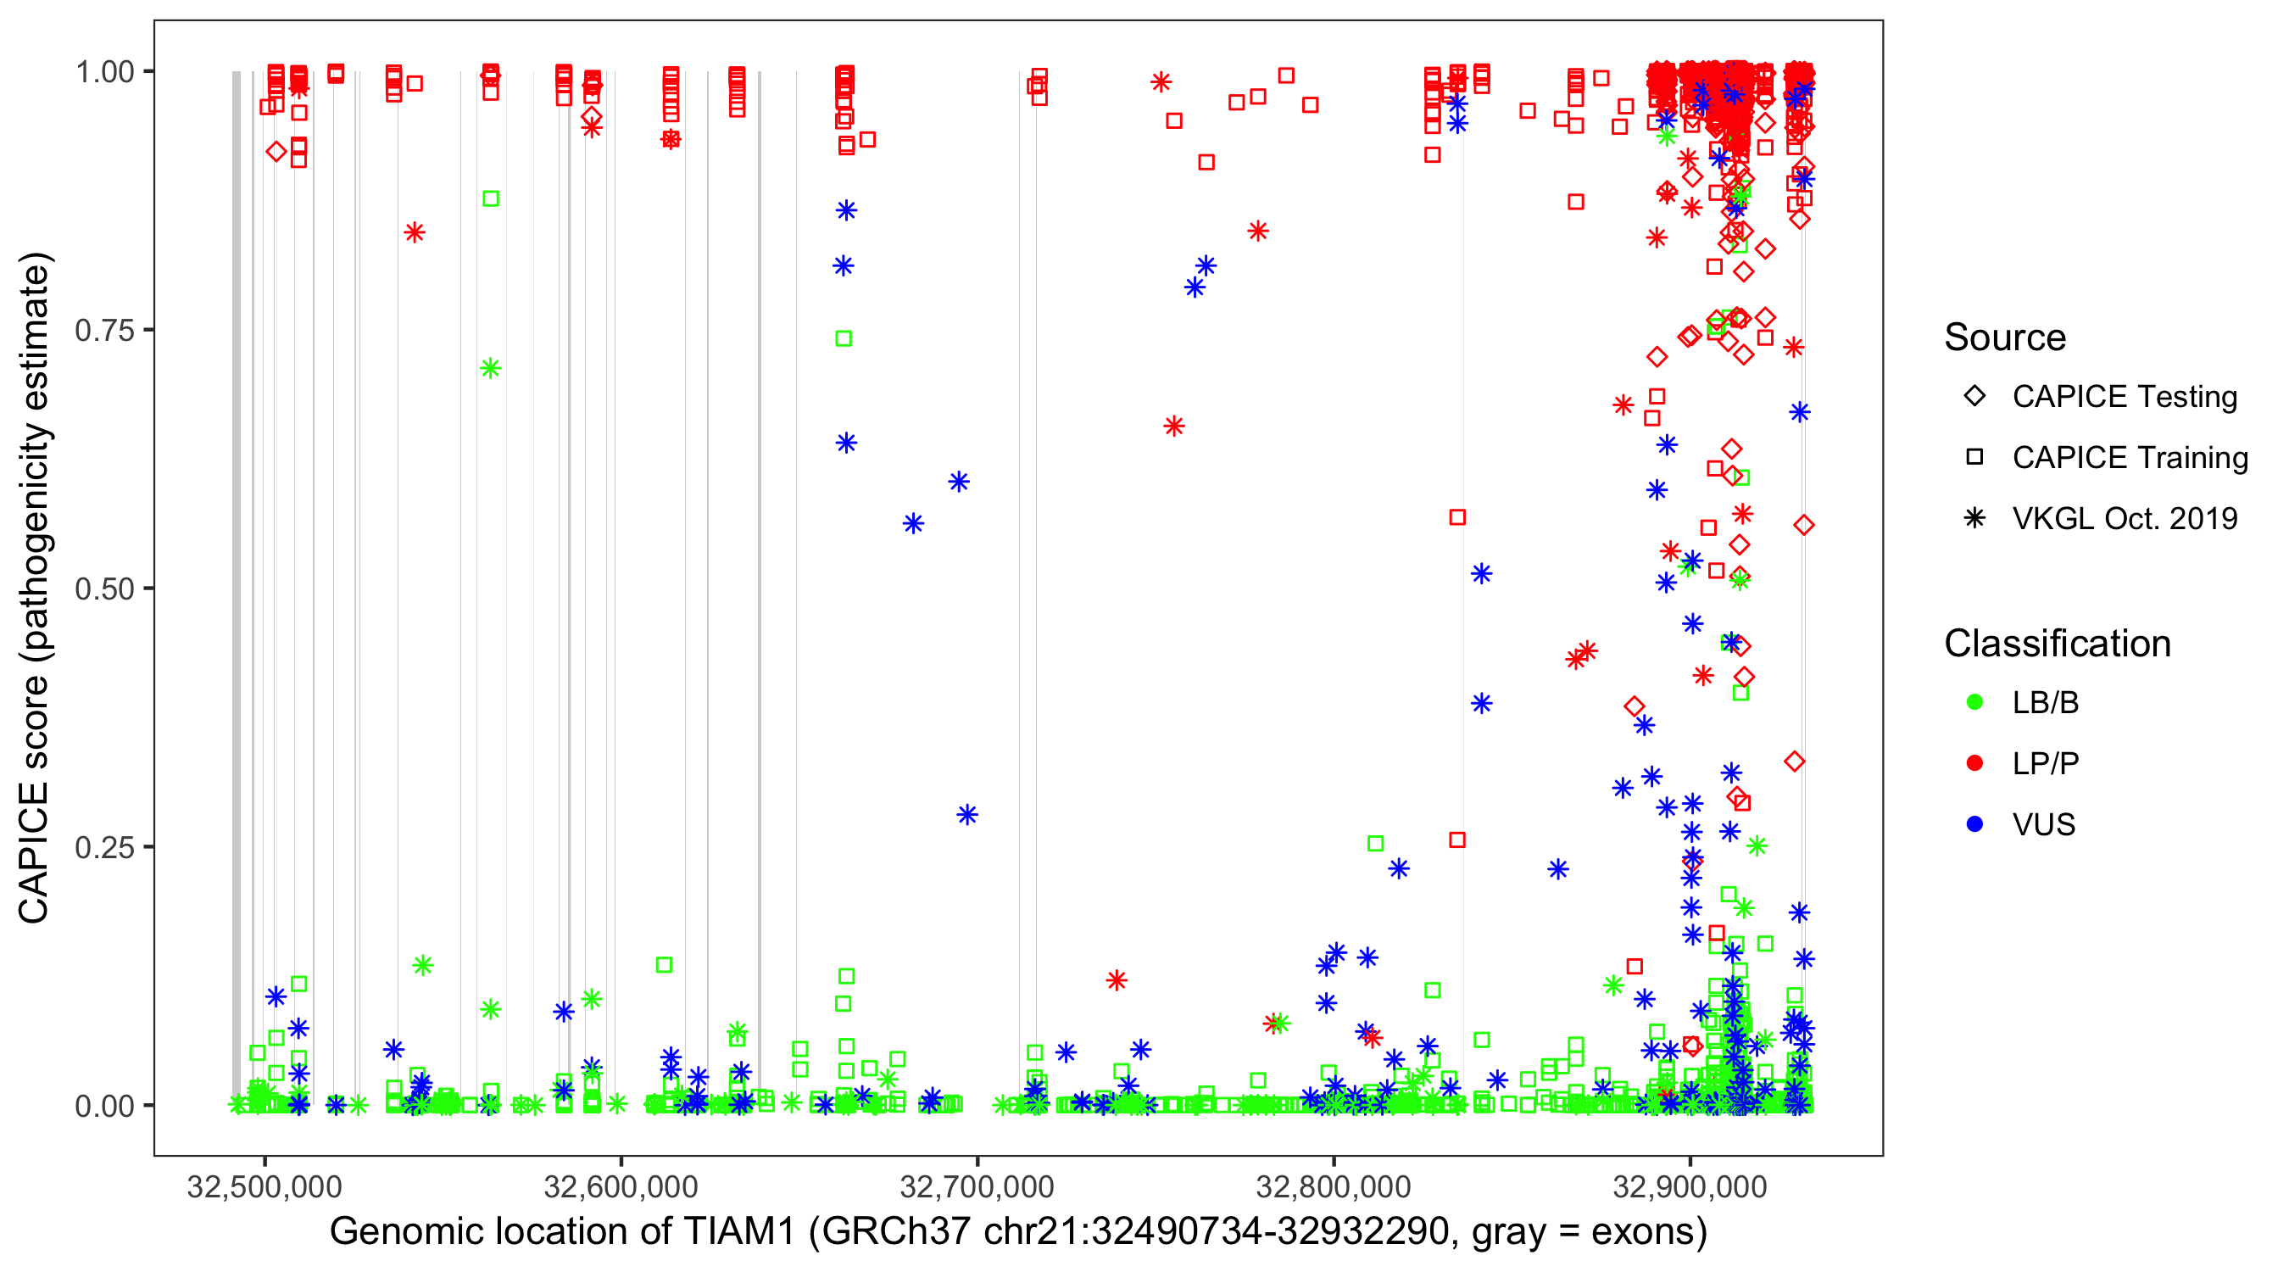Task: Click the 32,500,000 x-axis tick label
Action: click(x=264, y=1187)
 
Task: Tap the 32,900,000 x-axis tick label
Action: click(x=1690, y=1187)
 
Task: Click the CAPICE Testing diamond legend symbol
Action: click(x=1974, y=397)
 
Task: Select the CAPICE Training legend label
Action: click(x=2130, y=458)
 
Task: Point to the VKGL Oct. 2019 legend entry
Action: click(x=2125, y=519)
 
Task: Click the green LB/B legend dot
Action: click(x=1974, y=702)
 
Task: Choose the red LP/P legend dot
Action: click(x=1974, y=763)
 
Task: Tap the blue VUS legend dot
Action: click(x=1974, y=825)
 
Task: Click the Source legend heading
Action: click(x=2005, y=338)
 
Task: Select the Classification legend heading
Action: click(x=2057, y=644)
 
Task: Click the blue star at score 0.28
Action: click(x=967, y=814)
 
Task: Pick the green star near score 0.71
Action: click(x=491, y=368)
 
